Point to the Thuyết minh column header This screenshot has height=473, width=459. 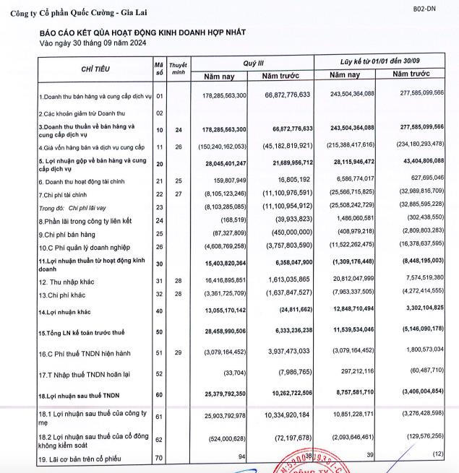point(179,69)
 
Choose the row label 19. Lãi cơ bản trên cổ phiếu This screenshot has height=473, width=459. point(80,459)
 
